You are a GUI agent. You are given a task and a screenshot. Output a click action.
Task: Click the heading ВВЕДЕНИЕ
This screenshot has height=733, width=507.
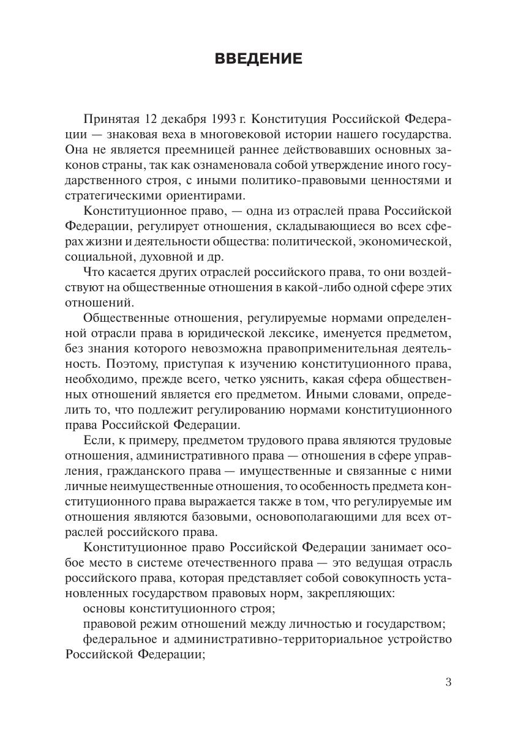pyautogui.click(x=258, y=59)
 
